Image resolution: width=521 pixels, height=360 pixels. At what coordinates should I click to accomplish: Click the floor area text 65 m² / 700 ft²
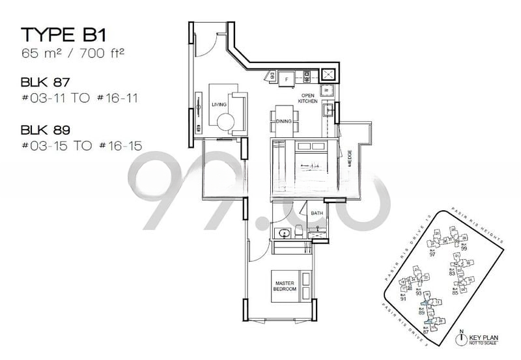72,54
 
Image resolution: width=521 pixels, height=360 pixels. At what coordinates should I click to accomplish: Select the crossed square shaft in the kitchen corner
328,76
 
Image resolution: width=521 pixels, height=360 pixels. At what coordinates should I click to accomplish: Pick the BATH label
317,213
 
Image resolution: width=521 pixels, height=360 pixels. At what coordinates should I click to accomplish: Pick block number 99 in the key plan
464,248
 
